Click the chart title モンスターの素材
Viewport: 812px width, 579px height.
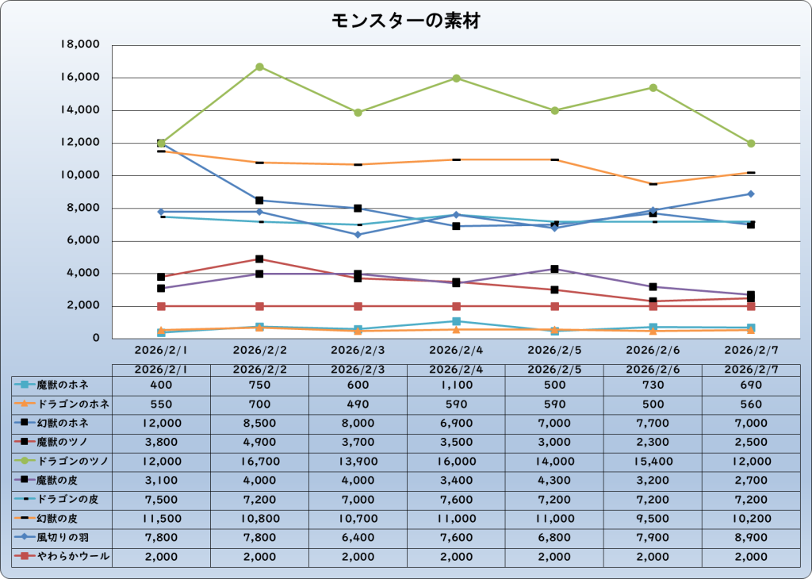pos(405,21)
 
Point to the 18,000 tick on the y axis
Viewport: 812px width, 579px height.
pos(80,45)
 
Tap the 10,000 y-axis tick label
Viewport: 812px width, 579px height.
pos(80,175)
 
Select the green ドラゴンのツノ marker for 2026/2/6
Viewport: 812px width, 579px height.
pos(653,88)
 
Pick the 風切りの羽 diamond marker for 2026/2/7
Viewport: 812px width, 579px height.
pos(751,194)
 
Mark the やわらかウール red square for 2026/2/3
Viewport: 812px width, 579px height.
pos(358,306)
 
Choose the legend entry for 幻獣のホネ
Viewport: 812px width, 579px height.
pos(63,423)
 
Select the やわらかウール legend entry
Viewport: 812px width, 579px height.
pos(63,557)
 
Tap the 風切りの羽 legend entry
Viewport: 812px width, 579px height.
pos(63,538)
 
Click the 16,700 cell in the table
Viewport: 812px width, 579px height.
pos(259,461)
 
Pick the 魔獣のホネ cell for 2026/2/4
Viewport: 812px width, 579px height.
pos(456,385)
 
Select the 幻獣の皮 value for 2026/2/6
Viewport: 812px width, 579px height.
pos(653,519)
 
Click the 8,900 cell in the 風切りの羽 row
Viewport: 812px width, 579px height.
pos(751,538)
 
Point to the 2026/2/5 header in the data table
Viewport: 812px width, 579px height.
pos(554,369)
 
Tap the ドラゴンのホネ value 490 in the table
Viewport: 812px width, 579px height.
pos(358,404)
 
